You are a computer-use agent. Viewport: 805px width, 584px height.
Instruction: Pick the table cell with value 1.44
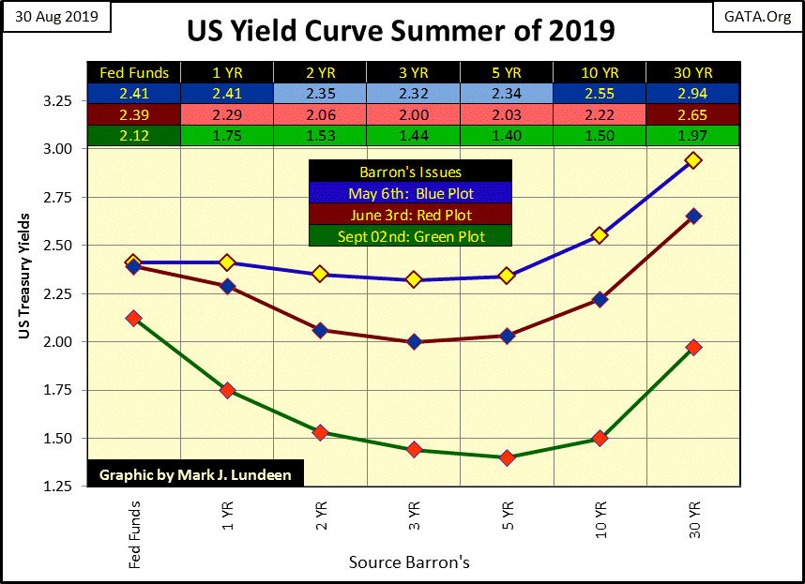coord(414,135)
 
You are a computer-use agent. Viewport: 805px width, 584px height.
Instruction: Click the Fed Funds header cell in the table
coord(133,72)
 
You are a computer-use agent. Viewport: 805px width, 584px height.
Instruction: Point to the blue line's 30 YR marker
coord(693,160)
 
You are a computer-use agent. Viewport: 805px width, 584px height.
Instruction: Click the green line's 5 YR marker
coord(508,457)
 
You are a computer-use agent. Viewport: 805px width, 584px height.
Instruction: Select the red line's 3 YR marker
coord(414,341)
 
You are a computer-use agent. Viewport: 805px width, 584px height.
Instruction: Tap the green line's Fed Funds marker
coord(133,319)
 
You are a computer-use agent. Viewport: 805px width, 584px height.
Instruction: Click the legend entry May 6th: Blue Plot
coord(410,194)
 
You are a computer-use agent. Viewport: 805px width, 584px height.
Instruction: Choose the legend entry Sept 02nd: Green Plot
coord(410,236)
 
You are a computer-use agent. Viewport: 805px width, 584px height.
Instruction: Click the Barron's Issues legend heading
coord(410,172)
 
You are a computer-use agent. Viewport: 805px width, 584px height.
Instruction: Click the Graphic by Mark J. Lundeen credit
coord(195,474)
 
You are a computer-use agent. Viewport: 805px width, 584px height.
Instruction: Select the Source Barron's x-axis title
coord(409,562)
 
